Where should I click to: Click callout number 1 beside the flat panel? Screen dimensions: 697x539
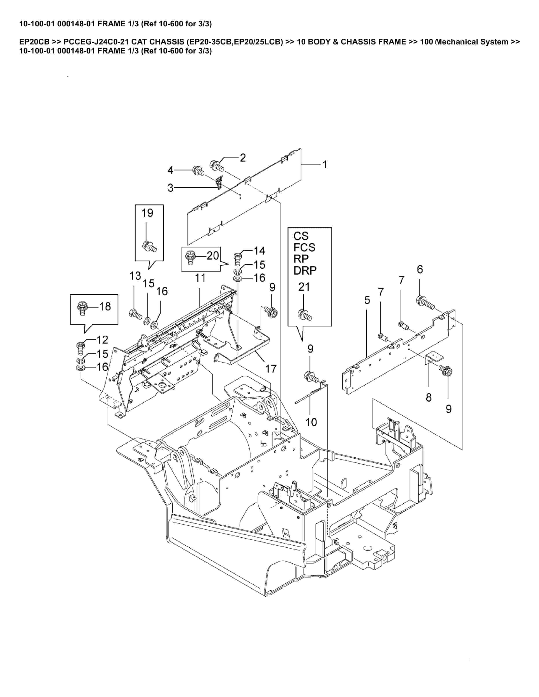tap(325, 165)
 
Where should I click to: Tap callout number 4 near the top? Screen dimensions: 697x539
tap(170, 171)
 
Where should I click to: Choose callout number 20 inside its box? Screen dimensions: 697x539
tap(213, 255)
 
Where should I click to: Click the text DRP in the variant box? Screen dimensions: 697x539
tap(305, 270)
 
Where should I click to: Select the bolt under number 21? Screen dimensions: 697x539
tap(305, 315)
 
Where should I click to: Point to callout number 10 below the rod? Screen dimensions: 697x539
tap(311, 422)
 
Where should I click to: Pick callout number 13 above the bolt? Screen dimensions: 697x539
tap(135, 276)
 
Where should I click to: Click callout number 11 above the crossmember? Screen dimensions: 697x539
tap(200, 278)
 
